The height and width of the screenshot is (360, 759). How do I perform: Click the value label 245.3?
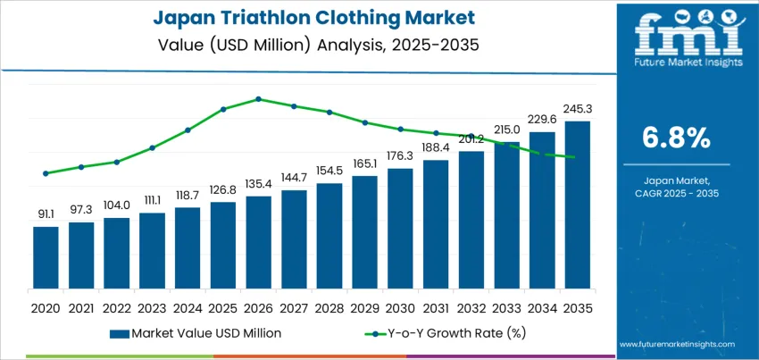(x=577, y=109)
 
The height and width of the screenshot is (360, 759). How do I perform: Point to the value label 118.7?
(x=188, y=194)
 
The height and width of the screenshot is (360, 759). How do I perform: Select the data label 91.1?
(x=46, y=213)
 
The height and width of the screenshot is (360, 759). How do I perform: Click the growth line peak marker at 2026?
(x=258, y=99)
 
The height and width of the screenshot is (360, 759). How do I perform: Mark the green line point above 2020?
(x=46, y=173)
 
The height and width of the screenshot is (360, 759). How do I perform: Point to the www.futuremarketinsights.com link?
(x=676, y=344)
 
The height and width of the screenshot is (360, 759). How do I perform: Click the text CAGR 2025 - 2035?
(x=676, y=193)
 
